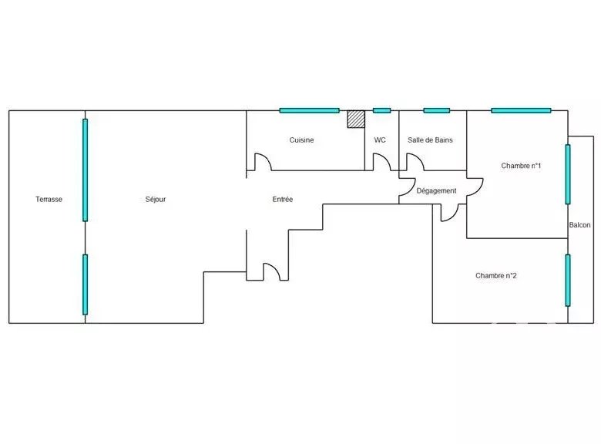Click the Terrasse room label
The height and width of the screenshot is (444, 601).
click(49, 200)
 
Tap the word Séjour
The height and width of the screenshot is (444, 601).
click(156, 200)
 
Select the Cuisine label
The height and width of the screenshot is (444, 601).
click(301, 140)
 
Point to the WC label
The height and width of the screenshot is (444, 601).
click(380, 140)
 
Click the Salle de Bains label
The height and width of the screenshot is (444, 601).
click(430, 140)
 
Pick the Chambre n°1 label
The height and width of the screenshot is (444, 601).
click(521, 166)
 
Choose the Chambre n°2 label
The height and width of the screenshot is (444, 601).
click(496, 276)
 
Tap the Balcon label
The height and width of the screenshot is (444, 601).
click(579, 225)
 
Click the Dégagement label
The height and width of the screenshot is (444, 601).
click(436, 190)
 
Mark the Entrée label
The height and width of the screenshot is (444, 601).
click(283, 200)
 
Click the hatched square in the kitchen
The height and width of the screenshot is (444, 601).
click(356, 119)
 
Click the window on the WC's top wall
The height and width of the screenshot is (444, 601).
click(381, 110)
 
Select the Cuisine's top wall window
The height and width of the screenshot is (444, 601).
click(309, 110)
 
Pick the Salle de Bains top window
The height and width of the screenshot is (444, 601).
click(437, 110)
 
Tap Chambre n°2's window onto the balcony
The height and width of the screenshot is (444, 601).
click(568, 281)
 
